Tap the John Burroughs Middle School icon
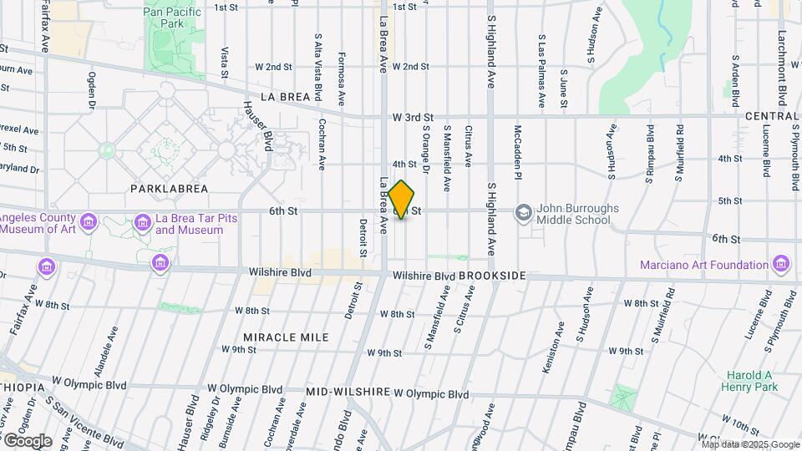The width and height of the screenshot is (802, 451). click(524, 212)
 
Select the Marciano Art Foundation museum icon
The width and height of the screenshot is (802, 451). click(782, 264)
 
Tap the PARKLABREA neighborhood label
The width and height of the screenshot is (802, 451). click(169, 189)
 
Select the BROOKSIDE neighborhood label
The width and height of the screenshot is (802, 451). click(492, 276)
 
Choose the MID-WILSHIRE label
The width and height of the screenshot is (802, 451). click(348, 392)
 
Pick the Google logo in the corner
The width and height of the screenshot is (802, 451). click(27, 440)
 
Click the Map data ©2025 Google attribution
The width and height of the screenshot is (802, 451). click(750, 444)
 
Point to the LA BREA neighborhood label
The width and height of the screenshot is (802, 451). click(285, 97)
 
